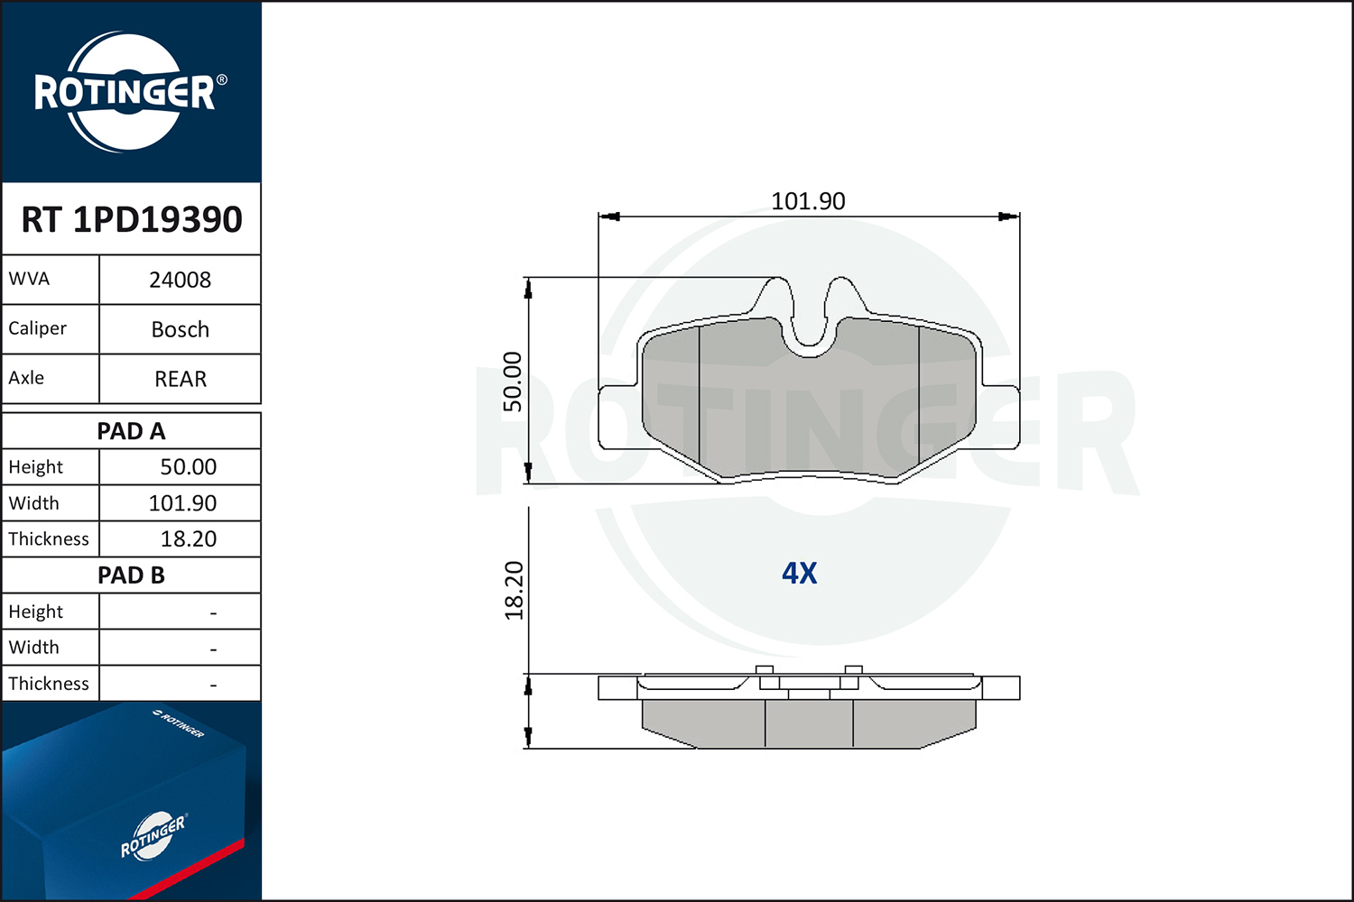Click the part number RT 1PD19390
132,219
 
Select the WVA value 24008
181,280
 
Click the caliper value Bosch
181,329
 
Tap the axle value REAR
181,379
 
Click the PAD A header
131,431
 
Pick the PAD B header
131,575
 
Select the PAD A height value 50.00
188,467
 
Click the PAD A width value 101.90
182,503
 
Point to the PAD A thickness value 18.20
188,538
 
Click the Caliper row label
37,328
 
